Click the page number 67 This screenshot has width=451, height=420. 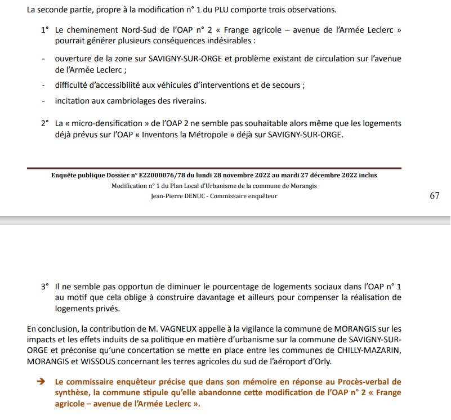(434, 195)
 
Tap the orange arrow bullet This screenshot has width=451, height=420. (41, 381)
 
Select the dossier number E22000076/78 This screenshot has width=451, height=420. (156, 175)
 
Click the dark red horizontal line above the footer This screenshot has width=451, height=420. (214, 168)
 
